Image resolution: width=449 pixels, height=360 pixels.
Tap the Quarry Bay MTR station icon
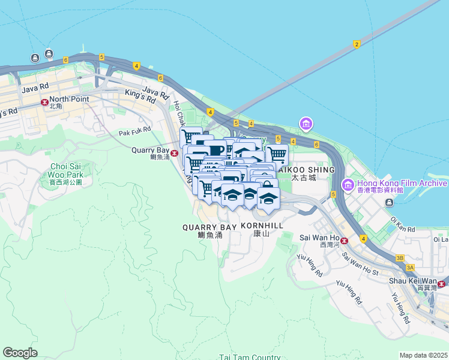click(174, 153)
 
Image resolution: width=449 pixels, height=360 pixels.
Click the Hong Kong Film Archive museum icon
click(347, 185)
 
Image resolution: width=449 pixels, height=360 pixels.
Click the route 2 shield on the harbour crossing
click(357, 44)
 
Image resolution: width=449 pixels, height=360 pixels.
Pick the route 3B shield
click(400, 258)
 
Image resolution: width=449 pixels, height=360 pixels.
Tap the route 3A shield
click(410, 268)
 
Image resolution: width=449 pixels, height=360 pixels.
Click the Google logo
click(20, 353)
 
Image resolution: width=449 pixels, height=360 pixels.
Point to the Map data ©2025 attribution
click(424, 355)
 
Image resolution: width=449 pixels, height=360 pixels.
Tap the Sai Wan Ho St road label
click(361, 264)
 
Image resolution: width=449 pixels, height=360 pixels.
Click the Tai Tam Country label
click(250, 357)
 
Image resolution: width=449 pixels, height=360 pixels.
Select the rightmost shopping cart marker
click(277, 154)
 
